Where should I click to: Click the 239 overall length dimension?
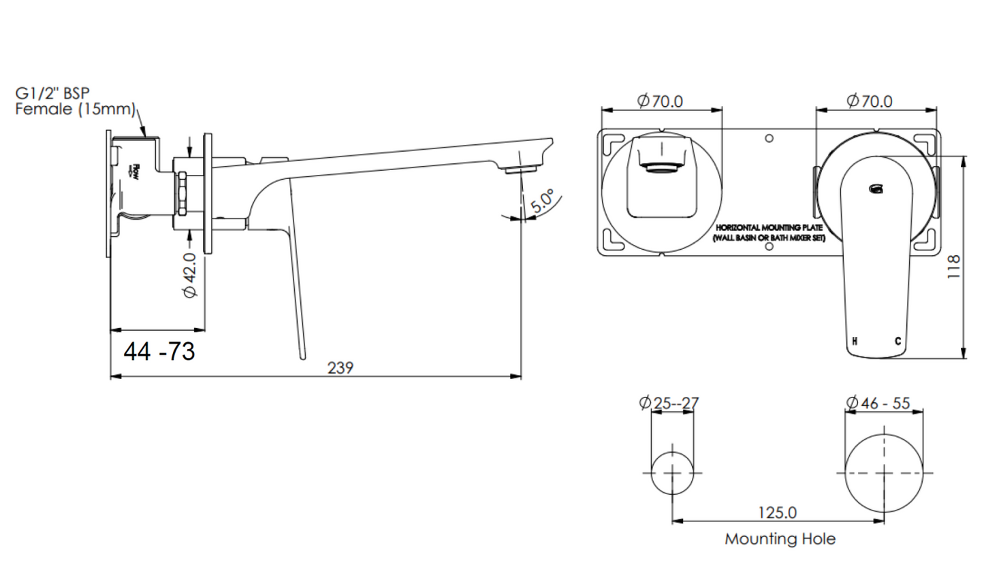pyautogui.click(x=340, y=368)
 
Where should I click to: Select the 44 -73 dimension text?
pyautogui.click(x=159, y=351)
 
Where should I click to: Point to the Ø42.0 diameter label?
pyautogui.click(x=189, y=275)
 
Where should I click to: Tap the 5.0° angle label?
pyautogui.click(x=543, y=201)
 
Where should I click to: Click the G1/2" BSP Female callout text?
pyautogui.click(x=75, y=101)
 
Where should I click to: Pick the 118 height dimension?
pyautogui.click(x=953, y=266)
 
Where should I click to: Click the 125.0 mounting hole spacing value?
pyautogui.click(x=777, y=512)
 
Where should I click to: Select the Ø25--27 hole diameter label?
pyautogui.click(x=669, y=403)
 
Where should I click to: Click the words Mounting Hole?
pyautogui.click(x=780, y=539)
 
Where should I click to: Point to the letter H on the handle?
pyautogui.click(x=855, y=341)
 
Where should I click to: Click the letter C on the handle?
pyautogui.click(x=898, y=341)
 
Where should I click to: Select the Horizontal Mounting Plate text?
pyautogui.click(x=769, y=233)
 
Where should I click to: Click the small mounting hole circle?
pyautogui.click(x=672, y=472)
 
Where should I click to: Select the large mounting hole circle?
pyautogui.click(x=884, y=473)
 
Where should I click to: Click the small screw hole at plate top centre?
pyautogui.click(x=769, y=139)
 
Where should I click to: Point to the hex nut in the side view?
pyautogui.click(x=182, y=193)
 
